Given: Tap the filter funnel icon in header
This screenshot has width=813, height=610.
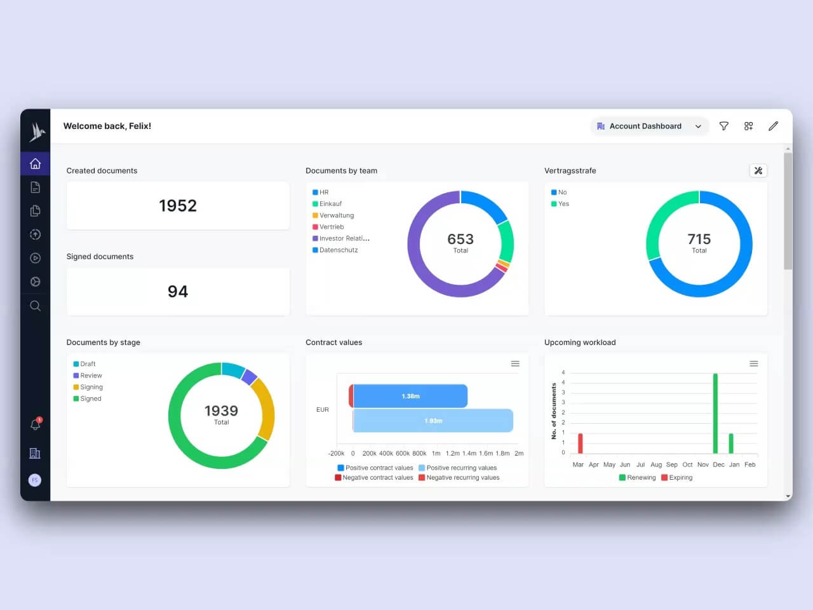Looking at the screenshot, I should [x=723, y=126].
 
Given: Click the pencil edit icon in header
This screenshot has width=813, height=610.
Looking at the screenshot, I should [x=773, y=126].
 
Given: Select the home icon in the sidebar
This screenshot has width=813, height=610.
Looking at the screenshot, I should [x=36, y=164].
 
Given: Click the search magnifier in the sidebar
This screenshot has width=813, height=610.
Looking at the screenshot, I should [x=36, y=306].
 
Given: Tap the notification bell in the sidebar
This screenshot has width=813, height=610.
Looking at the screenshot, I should [x=36, y=424].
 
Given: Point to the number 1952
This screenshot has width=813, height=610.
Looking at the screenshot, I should [x=178, y=206].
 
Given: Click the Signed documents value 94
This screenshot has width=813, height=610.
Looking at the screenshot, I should [x=178, y=292].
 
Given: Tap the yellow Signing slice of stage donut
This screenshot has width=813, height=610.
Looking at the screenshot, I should [x=265, y=410].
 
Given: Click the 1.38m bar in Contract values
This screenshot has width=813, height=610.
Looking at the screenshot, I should [x=410, y=396].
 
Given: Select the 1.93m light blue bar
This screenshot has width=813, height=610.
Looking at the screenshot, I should [x=433, y=421].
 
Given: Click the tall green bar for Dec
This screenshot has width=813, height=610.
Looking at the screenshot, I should [x=715, y=413].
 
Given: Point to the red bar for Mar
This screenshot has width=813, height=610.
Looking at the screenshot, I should [x=581, y=443].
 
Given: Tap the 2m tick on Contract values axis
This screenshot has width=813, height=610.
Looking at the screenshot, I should [x=519, y=454].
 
